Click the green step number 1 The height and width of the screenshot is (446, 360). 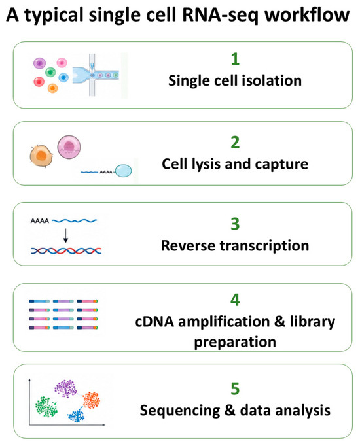point(235,59)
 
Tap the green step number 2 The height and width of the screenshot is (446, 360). point(235,142)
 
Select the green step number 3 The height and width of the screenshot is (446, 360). point(235,224)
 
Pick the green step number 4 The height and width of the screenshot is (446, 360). point(235,300)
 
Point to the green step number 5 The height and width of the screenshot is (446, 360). point(235,388)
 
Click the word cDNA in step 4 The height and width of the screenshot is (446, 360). point(154,322)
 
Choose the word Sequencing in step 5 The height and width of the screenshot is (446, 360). point(180,411)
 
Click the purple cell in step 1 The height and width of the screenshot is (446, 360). point(39,63)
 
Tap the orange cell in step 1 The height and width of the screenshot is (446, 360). point(52,88)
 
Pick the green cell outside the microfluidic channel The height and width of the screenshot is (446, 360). point(50,72)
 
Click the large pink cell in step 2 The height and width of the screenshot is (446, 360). point(69,147)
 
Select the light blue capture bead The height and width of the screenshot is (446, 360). point(124,171)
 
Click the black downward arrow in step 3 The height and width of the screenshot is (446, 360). point(65,235)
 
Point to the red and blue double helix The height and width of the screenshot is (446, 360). point(66,250)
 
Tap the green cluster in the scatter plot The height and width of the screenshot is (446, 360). point(46,407)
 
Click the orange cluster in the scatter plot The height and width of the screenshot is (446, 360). point(92,400)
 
